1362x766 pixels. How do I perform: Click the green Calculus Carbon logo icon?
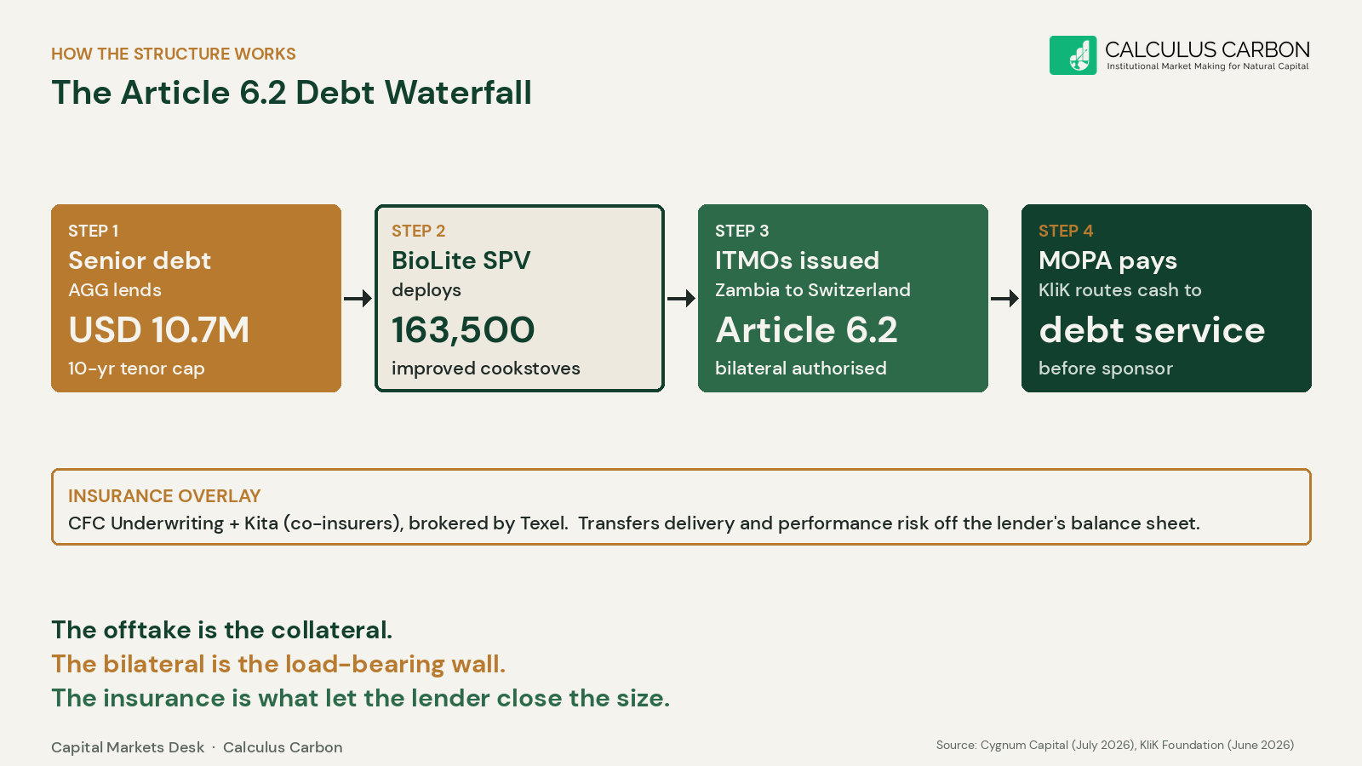pos(1073,55)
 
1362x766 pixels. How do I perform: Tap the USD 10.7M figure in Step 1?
pos(158,330)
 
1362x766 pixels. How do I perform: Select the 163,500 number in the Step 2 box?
pos(463,330)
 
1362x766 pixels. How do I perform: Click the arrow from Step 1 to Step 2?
pos(358,299)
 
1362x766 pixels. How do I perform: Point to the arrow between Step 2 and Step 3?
pos(682,299)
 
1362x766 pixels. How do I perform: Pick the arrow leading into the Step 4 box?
pos(1005,299)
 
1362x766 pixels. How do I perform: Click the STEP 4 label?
pos(1066,231)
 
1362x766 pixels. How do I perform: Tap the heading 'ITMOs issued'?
pos(797,260)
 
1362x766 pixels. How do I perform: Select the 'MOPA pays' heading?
pos(1107,261)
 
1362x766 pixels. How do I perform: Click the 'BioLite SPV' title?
pos(461,260)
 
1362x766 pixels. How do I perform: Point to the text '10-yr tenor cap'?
pos(136,369)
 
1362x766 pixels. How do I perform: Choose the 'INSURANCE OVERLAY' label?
pos(164,496)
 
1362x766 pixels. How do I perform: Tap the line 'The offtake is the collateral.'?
pos(222,630)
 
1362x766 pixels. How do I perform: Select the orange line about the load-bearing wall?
pos(278,664)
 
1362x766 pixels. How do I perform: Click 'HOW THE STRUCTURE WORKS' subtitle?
pos(174,54)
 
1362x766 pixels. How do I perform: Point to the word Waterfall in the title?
pos(458,93)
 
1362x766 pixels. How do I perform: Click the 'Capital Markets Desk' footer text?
pos(128,747)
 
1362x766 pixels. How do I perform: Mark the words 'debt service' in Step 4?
pos(1152,330)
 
